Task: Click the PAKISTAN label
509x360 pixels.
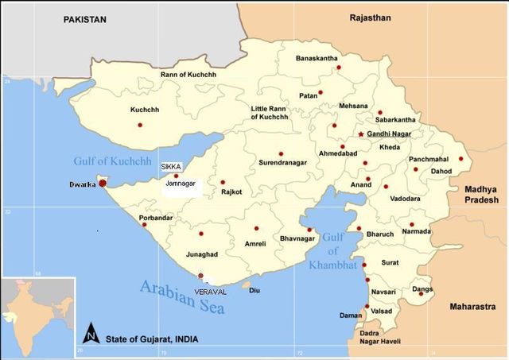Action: tap(85, 18)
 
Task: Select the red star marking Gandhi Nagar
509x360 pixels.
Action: tap(360, 134)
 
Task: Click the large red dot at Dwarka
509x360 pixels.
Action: tap(103, 184)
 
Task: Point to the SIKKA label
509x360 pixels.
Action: tap(171, 167)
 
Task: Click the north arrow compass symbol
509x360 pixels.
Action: tap(92, 334)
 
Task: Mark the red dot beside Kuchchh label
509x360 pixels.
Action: tap(140, 125)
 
